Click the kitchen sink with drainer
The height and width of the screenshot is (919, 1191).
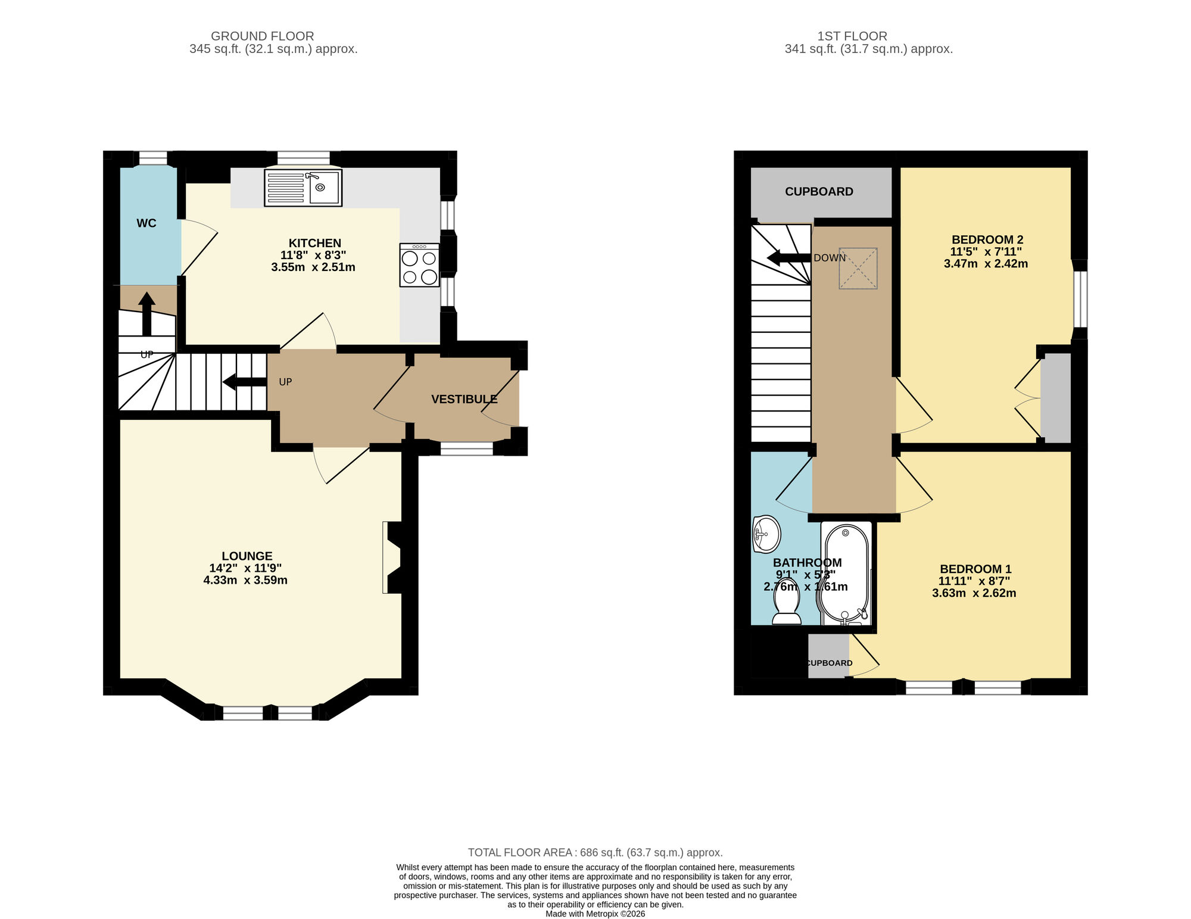coord(303,188)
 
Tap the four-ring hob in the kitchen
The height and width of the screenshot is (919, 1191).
coord(419,265)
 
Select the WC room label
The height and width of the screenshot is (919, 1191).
coord(146,223)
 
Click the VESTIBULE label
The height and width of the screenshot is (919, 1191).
coord(464,399)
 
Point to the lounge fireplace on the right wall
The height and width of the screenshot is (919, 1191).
coord(393,557)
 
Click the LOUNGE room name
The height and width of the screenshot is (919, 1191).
coord(247,556)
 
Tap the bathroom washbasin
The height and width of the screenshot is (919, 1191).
coord(767,534)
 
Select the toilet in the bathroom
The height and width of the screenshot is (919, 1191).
coord(786,605)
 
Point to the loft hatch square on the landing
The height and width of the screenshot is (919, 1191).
coord(858,269)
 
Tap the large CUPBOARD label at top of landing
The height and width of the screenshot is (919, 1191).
coord(819,192)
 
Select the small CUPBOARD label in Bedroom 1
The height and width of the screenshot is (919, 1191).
coord(830,663)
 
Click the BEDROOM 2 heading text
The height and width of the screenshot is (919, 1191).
coord(987,239)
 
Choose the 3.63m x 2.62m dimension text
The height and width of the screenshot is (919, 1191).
coord(974,593)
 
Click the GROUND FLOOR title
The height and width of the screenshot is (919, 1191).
coord(262,36)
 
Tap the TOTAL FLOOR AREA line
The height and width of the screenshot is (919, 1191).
coord(595,852)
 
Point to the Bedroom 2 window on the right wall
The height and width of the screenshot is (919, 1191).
coord(1080,300)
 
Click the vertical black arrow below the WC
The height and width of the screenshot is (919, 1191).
coord(146,313)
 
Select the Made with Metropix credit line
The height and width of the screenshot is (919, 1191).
coord(595,914)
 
